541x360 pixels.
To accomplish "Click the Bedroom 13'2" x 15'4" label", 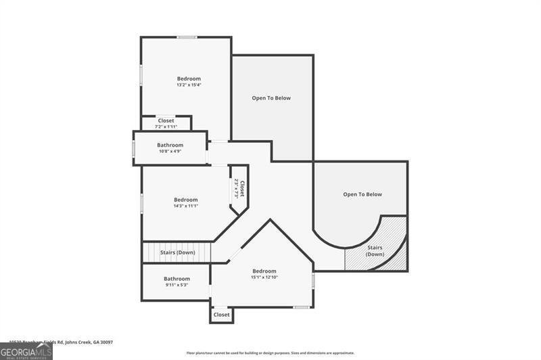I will (189, 81).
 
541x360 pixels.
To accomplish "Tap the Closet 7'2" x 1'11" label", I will (166, 123).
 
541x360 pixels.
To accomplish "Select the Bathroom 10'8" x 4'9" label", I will (170, 148).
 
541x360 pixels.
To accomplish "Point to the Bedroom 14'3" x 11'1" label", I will (185, 202).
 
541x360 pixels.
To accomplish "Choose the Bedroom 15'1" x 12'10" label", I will (264, 273).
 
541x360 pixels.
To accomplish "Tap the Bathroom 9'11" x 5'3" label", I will (177, 281).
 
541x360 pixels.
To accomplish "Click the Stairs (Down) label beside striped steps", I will (177, 252).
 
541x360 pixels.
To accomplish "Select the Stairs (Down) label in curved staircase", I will (375, 250).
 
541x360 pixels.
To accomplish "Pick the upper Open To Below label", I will (271, 98).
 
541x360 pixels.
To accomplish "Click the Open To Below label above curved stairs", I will (362, 194).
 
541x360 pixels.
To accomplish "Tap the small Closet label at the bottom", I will (221, 315).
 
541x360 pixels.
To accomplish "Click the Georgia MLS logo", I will (26, 351).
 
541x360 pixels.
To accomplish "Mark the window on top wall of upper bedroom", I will (187, 37).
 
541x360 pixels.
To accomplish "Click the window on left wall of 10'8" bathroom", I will (133, 148).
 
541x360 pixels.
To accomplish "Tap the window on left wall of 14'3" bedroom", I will (141, 203).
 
